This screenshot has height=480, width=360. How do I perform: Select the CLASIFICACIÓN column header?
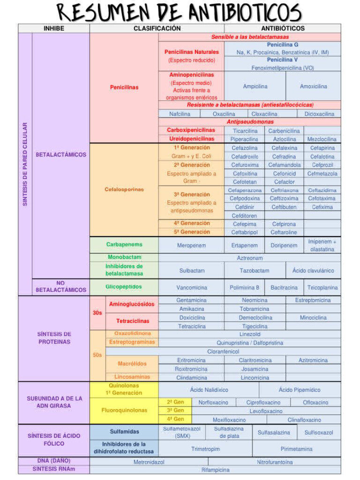point(157,28)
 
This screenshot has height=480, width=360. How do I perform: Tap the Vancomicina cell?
point(191,287)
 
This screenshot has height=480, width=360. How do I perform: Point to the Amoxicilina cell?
point(313,86)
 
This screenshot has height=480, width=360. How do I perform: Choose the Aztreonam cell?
point(249,258)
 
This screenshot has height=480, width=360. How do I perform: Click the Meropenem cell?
point(191,245)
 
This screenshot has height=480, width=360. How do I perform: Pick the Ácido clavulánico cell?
point(313,270)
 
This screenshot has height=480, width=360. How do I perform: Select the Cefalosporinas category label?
point(124,189)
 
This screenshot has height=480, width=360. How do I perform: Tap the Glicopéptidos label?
point(124,286)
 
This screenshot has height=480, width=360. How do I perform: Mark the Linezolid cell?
point(249,334)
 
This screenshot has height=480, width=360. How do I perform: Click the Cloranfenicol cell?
point(223,351)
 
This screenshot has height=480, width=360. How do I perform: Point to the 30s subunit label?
point(97,313)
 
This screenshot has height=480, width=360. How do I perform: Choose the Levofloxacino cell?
point(266,411)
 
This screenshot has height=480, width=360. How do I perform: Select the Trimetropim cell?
point(205,449)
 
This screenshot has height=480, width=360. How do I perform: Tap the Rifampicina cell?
point(216,469)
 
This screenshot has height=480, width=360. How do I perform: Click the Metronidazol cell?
point(149,462)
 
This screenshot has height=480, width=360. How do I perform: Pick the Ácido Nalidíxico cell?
point(209,390)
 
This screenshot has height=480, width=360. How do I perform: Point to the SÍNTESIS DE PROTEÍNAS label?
point(54,338)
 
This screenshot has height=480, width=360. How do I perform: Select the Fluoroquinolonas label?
point(124,410)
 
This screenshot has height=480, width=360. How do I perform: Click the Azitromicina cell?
point(313,360)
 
